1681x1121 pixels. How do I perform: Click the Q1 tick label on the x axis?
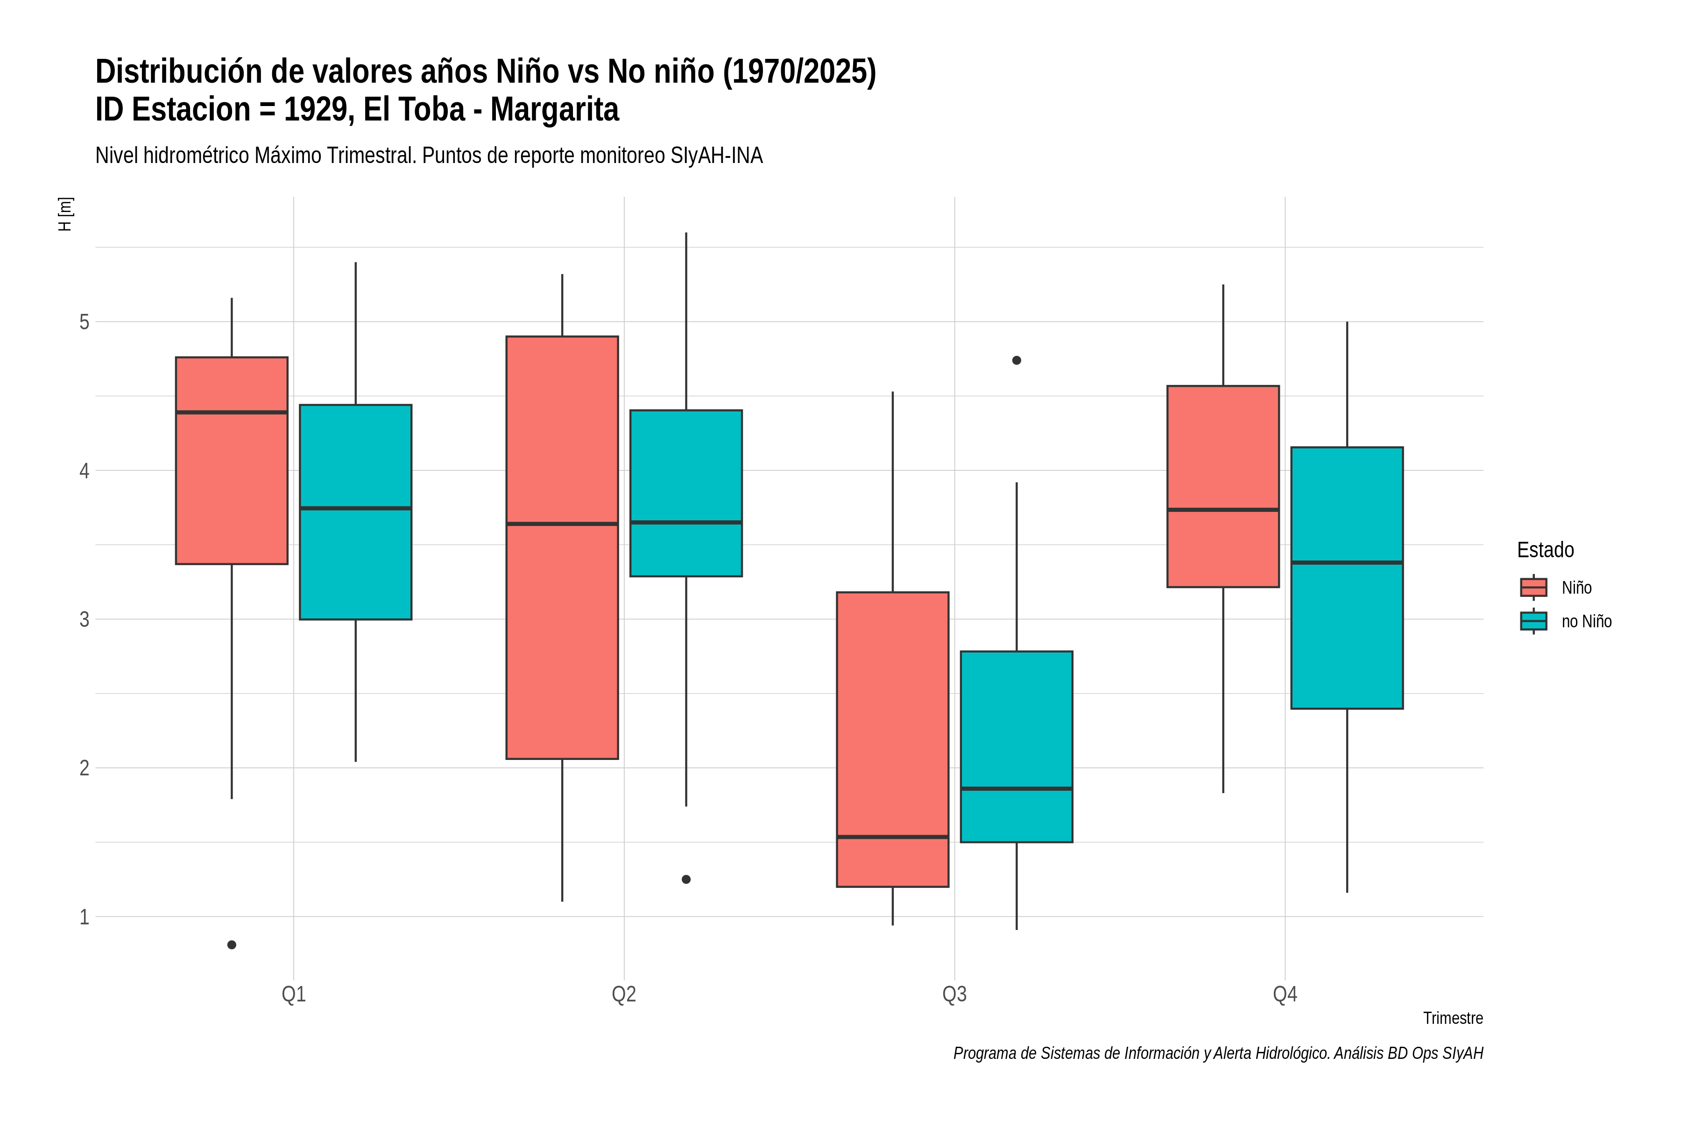[x=294, y=994]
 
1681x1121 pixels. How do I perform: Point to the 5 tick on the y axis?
[x=85, y=322]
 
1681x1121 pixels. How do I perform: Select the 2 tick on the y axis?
[x=85, y=768]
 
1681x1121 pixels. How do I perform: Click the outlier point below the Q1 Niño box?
[x=232, y=945]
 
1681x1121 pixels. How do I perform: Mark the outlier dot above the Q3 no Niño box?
[x=1017, y=360]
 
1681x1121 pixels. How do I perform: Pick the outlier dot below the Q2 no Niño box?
[x=686, y=880]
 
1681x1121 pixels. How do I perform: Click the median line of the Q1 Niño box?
[x=232, y=412]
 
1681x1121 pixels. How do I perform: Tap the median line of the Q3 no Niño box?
[x=1017, y=788]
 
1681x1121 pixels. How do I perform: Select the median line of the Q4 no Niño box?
[x=1347, y=563]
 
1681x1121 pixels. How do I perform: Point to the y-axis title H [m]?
[x=65, y=214]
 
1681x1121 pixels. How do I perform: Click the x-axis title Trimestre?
[x=1453, y=1018]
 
